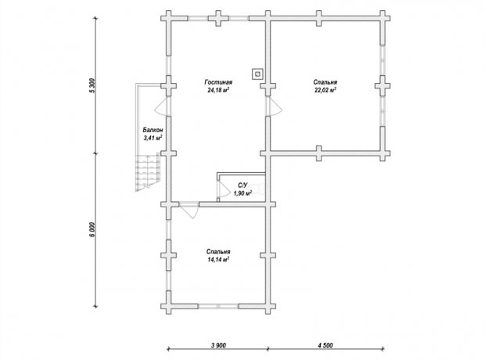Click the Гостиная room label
point(218,82)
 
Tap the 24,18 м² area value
point(218,90)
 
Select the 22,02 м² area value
point(325,90)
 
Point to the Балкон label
point(153,131)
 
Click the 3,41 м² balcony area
point(153,138)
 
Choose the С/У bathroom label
point(242,185)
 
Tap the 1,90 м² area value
point(242,193)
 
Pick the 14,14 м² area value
point(218,260)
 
